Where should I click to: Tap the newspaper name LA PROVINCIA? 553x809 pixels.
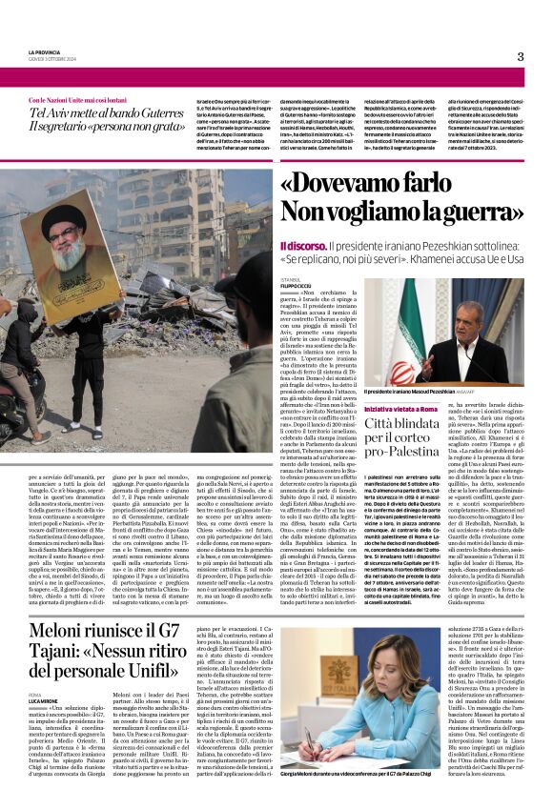(47, 52)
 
